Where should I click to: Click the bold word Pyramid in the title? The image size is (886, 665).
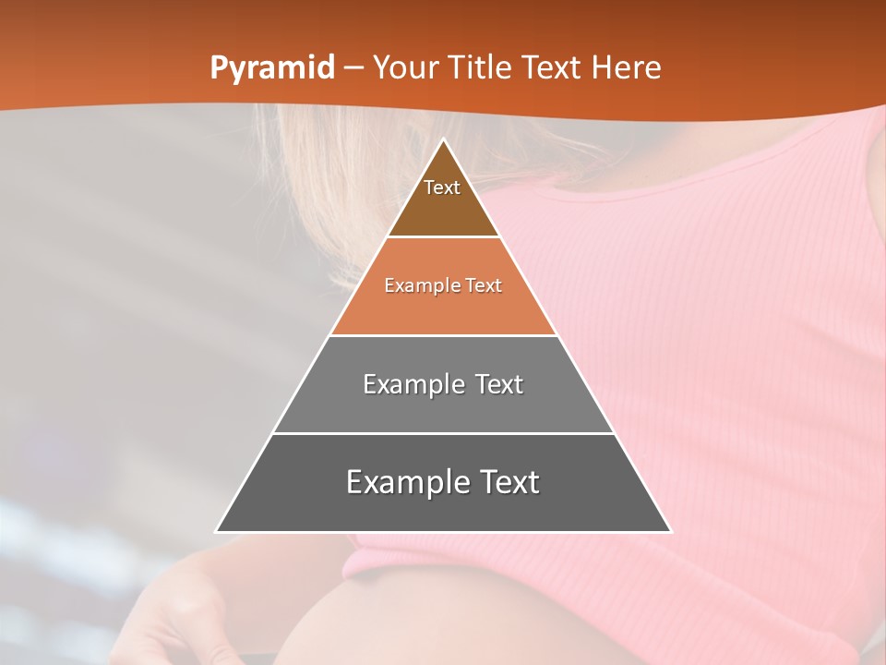(272, 68)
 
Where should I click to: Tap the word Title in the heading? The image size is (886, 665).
(484, 68)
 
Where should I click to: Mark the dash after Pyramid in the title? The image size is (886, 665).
(353, 68)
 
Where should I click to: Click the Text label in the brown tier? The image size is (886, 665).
(442, 187)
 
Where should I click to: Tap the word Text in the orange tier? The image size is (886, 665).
(484, 285)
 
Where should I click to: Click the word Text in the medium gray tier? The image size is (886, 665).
(500, 384)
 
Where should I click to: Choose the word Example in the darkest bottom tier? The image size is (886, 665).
(406, 482)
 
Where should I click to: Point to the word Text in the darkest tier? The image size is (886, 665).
(509, 482)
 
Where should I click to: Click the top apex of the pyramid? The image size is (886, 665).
(444, 140)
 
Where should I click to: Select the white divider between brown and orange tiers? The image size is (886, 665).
(443, 237)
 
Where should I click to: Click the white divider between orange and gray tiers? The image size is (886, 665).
(443, 335)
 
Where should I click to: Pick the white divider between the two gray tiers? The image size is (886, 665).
(443, 433)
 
